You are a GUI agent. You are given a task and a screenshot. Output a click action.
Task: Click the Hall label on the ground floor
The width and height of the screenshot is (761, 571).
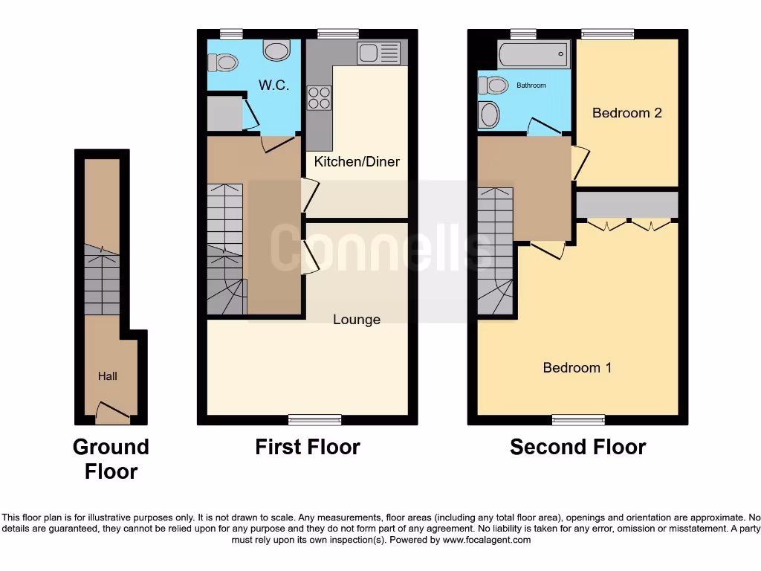pyautogui.click(x=108, y=376)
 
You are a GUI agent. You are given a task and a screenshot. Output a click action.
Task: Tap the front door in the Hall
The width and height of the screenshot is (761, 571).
pyautogui.click(x=111, y=411)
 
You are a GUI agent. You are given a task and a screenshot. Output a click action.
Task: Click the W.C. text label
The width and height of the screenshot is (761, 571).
pyautogui.click(x=273, y=86)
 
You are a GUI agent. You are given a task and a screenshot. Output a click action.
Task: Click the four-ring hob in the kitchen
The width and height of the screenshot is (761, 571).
pyautogui.click(x=320, y=98)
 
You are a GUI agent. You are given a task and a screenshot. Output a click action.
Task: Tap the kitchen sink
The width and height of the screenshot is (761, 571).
pyautogui.click(x=378, y=53)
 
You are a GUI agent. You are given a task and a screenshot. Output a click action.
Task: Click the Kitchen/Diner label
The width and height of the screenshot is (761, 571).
pyautogui.click(x=357, y=161)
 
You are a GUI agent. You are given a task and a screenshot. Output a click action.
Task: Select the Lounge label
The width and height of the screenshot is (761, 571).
pyautogui.click(x=357, y=320)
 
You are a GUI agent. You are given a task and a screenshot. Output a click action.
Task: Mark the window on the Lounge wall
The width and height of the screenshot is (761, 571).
pyautogui.click(x=310, y=419)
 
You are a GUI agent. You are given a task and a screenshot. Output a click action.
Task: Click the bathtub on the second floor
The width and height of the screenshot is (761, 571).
pyautogui.click(x=534, y=54)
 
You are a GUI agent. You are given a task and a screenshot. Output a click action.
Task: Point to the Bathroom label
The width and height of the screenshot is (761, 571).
pyautogui.click(x=531, y=86)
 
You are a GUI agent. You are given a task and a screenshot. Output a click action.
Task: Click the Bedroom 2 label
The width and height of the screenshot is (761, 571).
pyautogui.click(x=626, y=113)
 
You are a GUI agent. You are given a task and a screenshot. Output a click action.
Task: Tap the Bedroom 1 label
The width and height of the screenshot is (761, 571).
pyautogui.click(x=577, y=367)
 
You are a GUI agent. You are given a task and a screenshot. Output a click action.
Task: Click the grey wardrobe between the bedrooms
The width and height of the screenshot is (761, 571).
pyautogui.click(x=627, y=204)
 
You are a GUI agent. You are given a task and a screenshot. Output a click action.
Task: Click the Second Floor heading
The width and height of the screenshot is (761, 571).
pyautogui.click(x=577, y=447)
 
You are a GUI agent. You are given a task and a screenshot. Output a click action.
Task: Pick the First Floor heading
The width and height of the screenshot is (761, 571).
pyautogui.click(x=307, y=447)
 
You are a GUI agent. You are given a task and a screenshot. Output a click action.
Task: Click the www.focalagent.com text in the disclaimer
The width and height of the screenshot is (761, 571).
pyautogui.click(x=487, y=540)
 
